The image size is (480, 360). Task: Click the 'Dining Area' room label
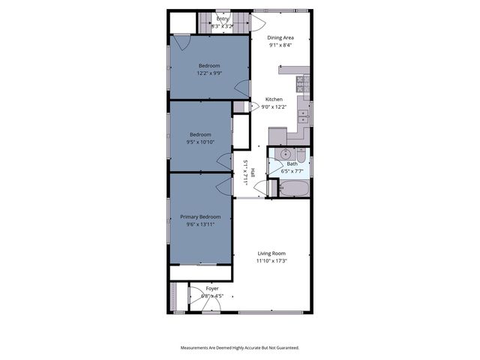[x=280, y=36]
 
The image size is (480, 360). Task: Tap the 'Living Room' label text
[x=271, y=253]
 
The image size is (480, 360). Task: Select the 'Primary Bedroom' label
[x=200, y=217]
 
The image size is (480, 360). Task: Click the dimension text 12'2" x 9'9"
[x=209, y=73]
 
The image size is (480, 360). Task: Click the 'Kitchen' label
[x=274, y=100]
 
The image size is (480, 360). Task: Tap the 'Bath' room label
[x=292, y=163]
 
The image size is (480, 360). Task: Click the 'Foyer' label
[x=212, y=288]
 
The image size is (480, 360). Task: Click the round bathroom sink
[x=282, y=154]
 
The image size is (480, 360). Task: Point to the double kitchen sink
[x=303, y=116]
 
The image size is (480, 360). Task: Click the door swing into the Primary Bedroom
[x=223, y=182]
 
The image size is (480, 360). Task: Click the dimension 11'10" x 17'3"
[x=271, y=261]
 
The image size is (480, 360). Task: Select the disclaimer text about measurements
[x=239, y=347]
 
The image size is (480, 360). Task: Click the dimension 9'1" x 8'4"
[x=280, y=44]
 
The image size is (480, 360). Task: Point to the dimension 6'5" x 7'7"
[x=292, y=171]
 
